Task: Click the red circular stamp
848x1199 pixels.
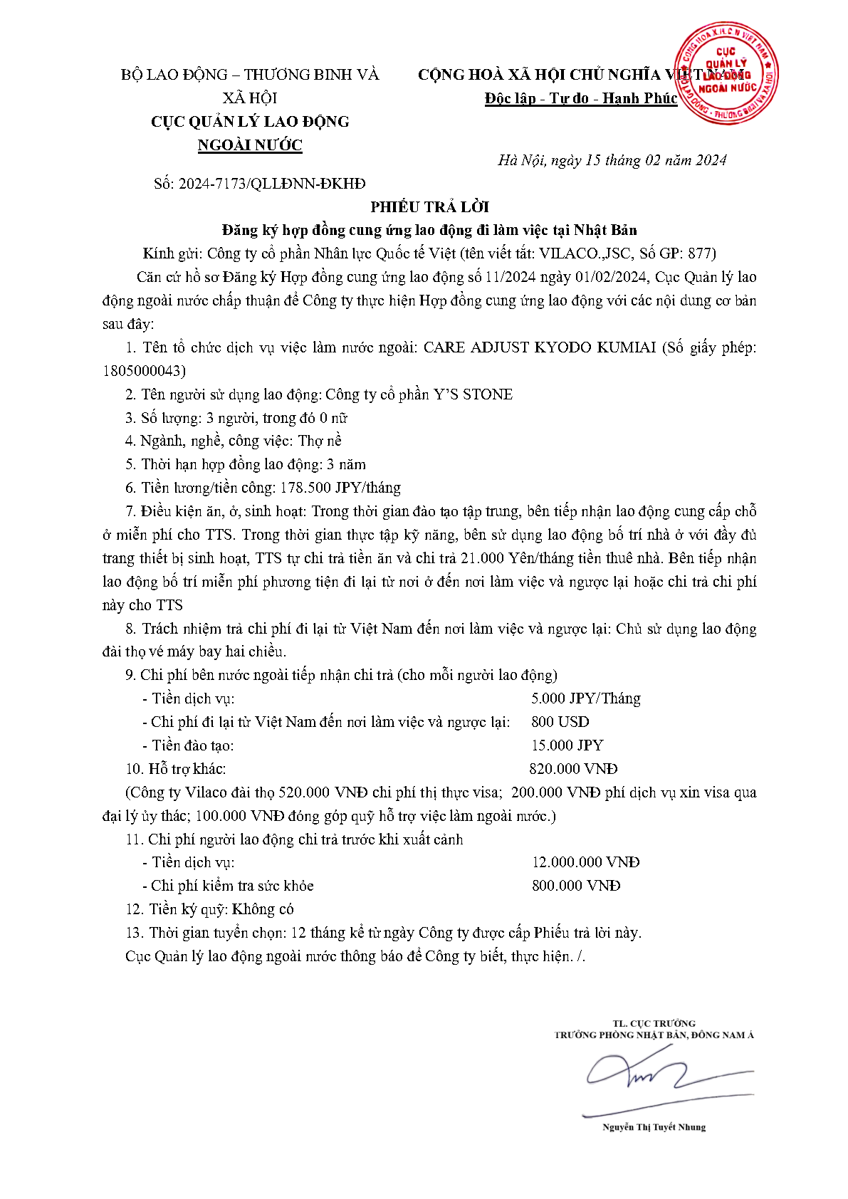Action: pos(726,73)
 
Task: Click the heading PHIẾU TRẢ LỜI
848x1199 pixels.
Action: pos(429,207)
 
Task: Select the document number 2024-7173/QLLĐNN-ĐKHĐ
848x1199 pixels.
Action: pos(272,184)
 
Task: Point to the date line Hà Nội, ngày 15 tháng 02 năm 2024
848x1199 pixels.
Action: pos(612,160)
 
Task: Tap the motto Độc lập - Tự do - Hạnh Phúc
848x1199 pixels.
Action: pos(580,98)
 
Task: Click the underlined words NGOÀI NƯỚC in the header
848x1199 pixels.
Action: pos(250,145)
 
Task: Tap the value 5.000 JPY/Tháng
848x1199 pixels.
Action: pos(585,698)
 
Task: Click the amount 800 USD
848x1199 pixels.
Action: pos(560,722)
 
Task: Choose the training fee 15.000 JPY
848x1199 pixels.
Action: pos(567,745)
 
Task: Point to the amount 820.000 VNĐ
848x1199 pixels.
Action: pos(573,769)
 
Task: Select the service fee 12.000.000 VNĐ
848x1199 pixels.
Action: pos(585,862)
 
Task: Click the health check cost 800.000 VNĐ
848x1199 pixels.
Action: pos(576,886)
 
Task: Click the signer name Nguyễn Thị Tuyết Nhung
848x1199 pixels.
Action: pos(654,1127)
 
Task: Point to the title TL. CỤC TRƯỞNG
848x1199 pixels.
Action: pos(654,1023)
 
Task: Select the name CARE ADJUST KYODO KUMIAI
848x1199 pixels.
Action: pos(539,347)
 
